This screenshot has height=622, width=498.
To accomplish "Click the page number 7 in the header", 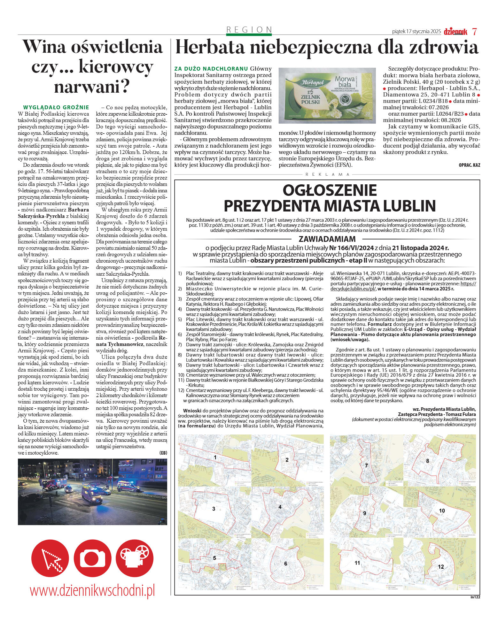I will pos(474,32).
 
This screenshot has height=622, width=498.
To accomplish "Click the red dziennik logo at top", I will pos(455,32).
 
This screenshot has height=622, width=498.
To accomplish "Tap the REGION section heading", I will pos(249,30).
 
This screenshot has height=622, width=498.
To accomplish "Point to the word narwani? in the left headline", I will pos(92,87).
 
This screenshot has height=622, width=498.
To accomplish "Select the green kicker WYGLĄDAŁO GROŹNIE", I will pos(56,107).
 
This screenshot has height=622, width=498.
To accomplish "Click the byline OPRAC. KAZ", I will pos(469,165).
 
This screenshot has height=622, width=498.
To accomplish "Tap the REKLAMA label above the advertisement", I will pos(327,174).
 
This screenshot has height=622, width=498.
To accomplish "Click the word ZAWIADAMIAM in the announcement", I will pos(327,239).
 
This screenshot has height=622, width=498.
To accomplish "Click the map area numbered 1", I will pos(215,457).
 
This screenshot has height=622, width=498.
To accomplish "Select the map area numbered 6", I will pos(285,564).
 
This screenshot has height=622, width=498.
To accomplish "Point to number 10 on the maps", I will pos(441,511).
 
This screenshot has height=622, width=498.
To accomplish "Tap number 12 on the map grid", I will pos(441,567).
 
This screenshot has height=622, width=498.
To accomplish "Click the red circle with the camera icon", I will pos(93,559).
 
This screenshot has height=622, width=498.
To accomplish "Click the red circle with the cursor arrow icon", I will pos(50,559).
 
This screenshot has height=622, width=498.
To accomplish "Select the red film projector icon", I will pos(135,559).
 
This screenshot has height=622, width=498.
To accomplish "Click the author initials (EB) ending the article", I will pos(163,453).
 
